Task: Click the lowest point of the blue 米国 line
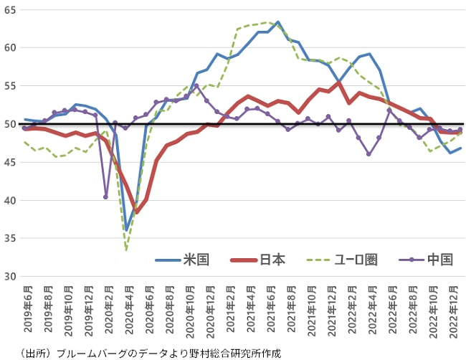click(x=126, y=229)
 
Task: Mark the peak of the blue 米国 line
click(x=277, y=22)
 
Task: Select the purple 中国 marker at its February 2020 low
click(x=106, y=196)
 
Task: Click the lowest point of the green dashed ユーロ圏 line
click(x=126, y=249)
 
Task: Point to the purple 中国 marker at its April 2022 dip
click(x=368, y=154)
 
